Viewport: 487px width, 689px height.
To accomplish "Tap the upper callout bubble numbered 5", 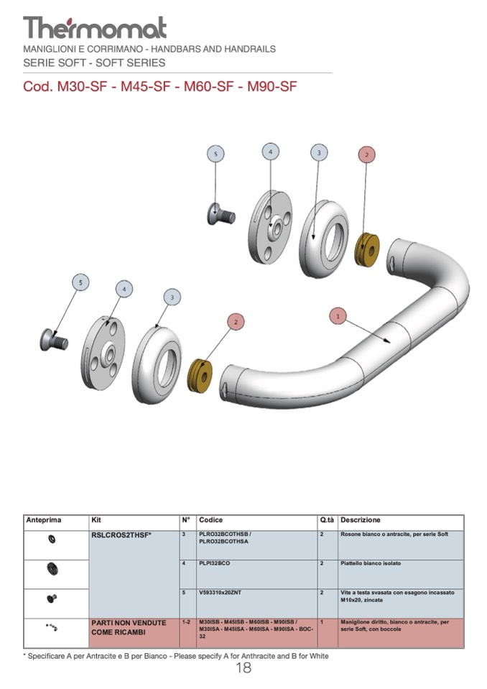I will tap(215, 153).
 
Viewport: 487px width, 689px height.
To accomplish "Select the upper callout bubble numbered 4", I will tap(270, 152).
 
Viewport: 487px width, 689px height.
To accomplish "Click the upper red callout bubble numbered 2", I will tap(366, 154).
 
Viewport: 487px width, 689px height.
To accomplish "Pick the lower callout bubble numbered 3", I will tap(172, 297).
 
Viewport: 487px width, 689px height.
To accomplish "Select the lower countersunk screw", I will tap(54, 338).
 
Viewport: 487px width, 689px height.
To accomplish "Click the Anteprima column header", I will tap(44, 520).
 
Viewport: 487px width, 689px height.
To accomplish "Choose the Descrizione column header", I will tap(361, 520).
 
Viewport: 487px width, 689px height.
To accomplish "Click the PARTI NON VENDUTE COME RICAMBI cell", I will tap(129, 627).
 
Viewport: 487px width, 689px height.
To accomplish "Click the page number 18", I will tap(243, 668).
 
